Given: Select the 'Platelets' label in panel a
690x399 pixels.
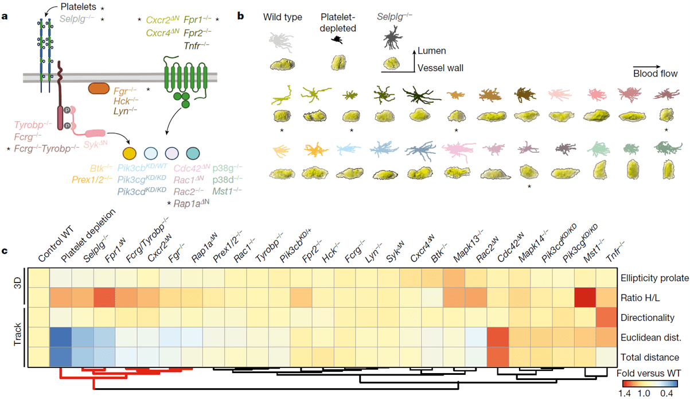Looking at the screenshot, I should click(77, 9).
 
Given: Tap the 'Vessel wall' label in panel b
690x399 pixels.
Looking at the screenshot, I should click(441, 68).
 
